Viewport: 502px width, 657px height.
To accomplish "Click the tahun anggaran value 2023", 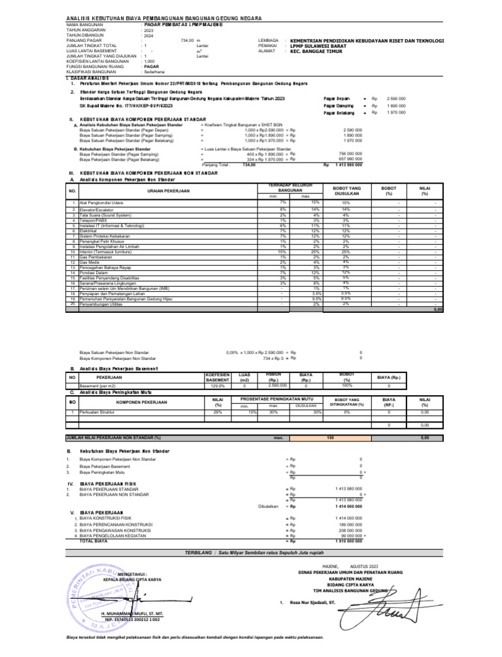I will [148, 30].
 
